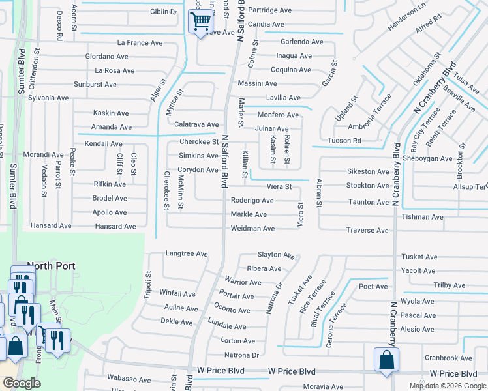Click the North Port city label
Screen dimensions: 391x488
[51, 266]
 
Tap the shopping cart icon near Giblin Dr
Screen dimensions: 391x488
[200, 22]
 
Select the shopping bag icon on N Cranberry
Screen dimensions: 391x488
[386, 360]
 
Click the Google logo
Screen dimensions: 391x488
[22, 383]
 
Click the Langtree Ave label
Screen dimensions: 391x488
[187, 253]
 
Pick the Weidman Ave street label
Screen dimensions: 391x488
[252, 229]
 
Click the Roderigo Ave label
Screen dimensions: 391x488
[252, 201]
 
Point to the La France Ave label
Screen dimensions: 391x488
[138, 42]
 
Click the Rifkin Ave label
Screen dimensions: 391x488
[109, 184]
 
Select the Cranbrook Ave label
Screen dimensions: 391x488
[448, 358]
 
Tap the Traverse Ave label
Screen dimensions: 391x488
[367, 230]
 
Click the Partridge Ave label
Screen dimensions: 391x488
[270, 10]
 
